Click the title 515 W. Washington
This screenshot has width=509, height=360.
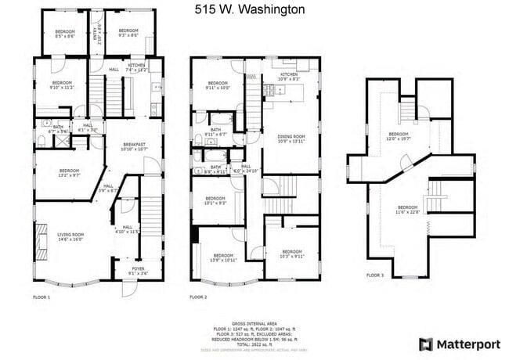[250, 11]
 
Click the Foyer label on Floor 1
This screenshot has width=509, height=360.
[136, 272]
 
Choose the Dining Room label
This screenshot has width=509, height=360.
[291, 139]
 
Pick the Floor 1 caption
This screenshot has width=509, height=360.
[42, 297]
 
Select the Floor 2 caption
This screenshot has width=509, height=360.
[198, 297]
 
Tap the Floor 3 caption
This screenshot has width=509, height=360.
[375, 275]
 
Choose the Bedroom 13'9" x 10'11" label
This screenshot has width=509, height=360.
[225, 257]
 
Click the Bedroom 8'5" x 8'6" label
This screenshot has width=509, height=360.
[65, 34]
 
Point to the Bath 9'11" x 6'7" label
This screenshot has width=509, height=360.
[215, 132]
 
